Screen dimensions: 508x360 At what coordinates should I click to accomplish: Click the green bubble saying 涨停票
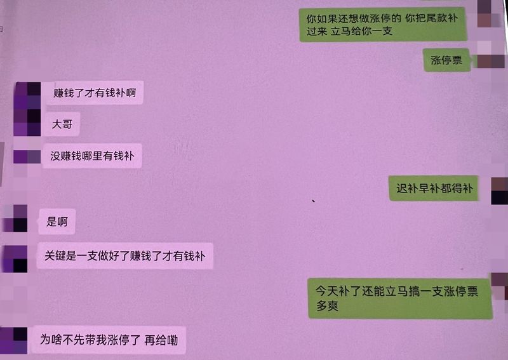447,60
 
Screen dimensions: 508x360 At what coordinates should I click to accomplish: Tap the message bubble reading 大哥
62,124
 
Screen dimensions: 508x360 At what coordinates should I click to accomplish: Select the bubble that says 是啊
57,222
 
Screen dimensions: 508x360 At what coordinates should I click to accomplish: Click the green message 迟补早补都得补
434,189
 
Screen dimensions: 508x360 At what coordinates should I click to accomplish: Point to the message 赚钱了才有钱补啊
94,93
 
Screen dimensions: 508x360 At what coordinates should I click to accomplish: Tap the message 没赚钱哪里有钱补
92,156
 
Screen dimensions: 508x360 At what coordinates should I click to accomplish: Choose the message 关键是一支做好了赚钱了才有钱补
124,256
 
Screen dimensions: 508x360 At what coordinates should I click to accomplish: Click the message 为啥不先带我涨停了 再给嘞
109,340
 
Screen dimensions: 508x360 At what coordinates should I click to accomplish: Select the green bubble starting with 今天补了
400,298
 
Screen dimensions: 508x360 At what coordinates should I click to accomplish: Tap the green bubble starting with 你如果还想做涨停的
383,25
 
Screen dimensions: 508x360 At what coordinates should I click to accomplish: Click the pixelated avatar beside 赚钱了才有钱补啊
27,95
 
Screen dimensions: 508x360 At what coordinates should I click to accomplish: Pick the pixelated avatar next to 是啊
15,218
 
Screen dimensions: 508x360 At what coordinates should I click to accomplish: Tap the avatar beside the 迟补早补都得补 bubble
500,191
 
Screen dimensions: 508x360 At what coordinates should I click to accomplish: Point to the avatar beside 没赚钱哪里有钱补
27,157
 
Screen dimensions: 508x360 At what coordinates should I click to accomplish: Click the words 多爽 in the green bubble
327,305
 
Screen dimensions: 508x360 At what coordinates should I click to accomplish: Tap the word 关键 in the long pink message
55,256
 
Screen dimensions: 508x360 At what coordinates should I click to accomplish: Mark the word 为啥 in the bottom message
51,340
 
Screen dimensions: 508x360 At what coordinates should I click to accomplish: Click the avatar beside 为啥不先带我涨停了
13,340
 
